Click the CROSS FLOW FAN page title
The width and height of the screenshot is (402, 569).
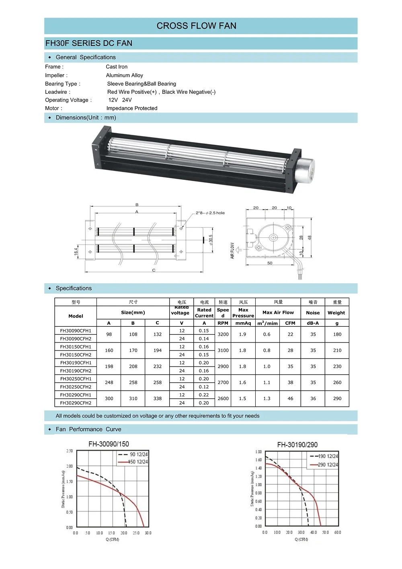[196, 26]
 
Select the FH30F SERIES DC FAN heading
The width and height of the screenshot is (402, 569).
[89, 43]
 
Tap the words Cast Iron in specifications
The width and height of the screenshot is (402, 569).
[117, 67]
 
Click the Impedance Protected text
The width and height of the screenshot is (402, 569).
[132, 108]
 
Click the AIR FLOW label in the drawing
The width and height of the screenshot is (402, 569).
[232, 250]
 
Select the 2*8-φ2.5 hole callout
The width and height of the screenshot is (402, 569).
[210, 213]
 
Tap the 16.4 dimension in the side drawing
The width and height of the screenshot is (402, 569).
[76, 252]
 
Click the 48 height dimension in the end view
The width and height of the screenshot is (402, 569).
[310, 238]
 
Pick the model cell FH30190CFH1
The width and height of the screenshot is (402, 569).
[76, 363]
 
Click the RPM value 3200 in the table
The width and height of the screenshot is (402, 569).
[223, 334]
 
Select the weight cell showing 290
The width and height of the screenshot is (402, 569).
[337, 399]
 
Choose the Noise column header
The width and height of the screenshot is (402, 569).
[313, 313]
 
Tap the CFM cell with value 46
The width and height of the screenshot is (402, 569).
[290, 399]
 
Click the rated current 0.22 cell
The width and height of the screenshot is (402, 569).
[204, 395]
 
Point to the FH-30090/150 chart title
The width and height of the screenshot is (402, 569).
[109, 444]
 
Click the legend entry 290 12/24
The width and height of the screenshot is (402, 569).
[328, 465]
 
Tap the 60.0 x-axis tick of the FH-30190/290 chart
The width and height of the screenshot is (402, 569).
[338, 532]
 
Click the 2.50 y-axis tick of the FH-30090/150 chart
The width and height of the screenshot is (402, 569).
[70, 451]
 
